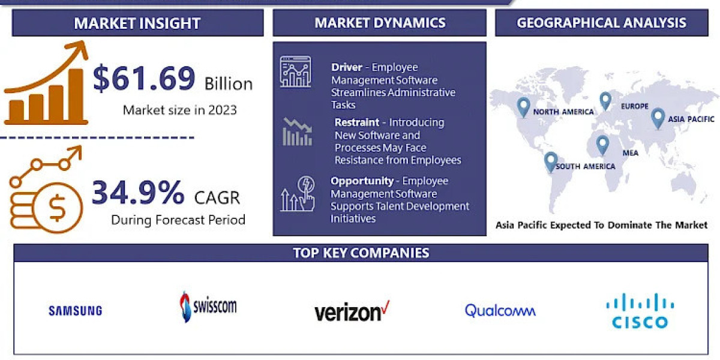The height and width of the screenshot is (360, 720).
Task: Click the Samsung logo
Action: tap(75, 310)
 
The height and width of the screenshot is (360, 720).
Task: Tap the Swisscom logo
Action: tap(208, 307)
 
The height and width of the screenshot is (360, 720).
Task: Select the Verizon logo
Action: tap(352, 311)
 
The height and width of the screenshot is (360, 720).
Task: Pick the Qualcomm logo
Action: tap(500, 310)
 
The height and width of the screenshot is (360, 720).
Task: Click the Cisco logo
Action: tap(640, 311)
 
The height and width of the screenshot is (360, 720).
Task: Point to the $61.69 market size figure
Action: tap(144, 79)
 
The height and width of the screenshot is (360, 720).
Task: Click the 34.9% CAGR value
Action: tap(138, 193)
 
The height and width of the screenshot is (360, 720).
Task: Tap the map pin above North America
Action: tap(523, 107)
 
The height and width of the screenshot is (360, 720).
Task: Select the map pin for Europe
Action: tap(605, 100)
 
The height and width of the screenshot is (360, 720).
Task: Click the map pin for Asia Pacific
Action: tap(658, 117)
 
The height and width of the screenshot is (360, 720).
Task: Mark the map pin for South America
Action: tap(550, 161)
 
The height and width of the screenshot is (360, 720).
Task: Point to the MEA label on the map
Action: tap(630, 153)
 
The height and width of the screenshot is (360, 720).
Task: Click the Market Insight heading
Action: tap(137, 23)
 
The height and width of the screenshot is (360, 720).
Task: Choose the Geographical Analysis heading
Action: tap(601, 23)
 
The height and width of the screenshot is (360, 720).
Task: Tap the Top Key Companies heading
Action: tap(361, 253)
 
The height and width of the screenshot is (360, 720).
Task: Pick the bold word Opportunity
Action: tap(362, 181)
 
